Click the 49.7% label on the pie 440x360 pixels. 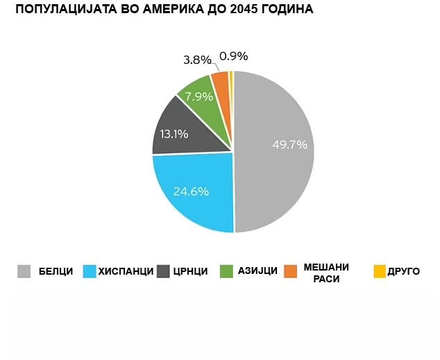[x=289, y=146]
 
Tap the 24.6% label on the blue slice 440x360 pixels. [x=191, y=191]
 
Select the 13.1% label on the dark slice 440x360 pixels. [x=174, y=134]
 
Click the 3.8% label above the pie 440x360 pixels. [x=197, y=60]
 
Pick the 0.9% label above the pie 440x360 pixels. [x=233, y=56]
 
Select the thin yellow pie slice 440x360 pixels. [x=231, y=80]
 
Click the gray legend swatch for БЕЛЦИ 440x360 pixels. [x=24, y=272]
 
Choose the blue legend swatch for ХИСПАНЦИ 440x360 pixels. [x=90, y=272]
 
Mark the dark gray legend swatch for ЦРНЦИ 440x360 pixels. [x=164, y=272]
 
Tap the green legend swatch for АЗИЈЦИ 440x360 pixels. [x=226, y=272]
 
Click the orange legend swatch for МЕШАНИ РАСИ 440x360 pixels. [x=291, y=271]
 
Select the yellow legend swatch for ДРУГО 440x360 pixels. [x=380, y=271]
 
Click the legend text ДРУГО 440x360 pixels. [x=405, y=272]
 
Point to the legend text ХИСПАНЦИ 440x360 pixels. [x=126, y=272]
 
